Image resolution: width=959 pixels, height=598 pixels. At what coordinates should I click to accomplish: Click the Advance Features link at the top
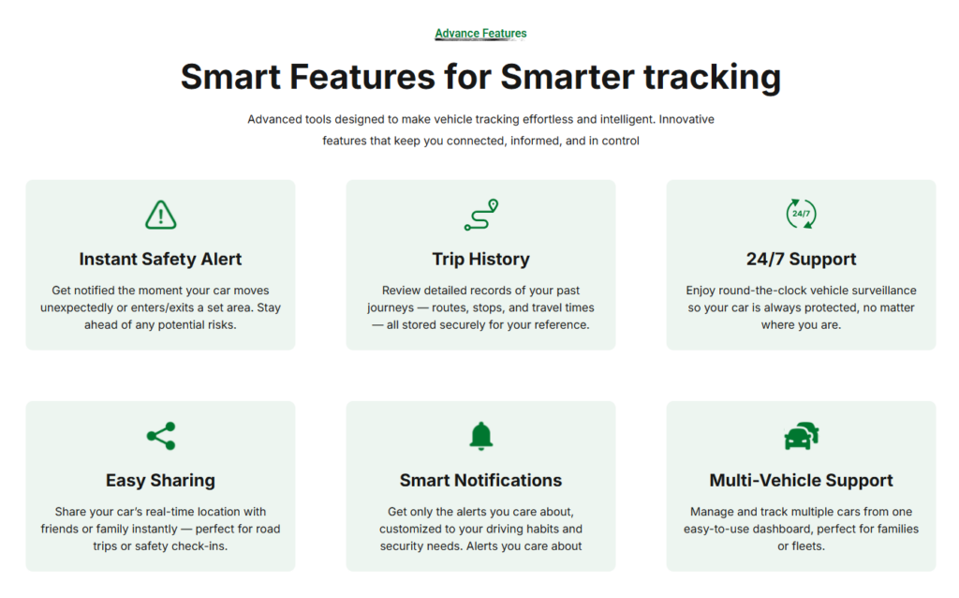tap(480, 34)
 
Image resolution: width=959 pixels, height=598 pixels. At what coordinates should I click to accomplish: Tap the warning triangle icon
tap(161, 215)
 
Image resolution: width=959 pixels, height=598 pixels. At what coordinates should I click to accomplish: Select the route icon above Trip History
tap(481, 215)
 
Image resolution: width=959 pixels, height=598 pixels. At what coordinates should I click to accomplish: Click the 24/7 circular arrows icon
tap(802, 214)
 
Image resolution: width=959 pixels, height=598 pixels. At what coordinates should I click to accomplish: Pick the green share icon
tap(161, 436)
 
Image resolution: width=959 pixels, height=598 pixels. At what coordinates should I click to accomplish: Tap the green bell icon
tap(481, 437)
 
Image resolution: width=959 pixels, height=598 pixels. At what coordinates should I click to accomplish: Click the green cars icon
tap(802, 436)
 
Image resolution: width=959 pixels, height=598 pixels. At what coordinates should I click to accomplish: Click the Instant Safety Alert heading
tap(160, 260)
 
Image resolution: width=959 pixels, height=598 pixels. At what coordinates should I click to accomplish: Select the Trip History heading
tap(480, 260)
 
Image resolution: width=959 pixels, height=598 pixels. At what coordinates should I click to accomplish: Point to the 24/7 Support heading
tap(802, 260)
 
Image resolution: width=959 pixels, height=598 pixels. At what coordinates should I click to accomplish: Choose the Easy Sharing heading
tap(160, 481)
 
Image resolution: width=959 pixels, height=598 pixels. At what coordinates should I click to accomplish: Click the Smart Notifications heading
tap(480, 481)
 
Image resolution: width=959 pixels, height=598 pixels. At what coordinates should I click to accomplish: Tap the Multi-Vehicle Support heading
tap(802, 481)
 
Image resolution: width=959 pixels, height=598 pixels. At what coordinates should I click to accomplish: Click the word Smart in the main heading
tap(230, 77)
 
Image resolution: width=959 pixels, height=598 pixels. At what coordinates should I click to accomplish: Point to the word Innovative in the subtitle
tap(686, 119)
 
